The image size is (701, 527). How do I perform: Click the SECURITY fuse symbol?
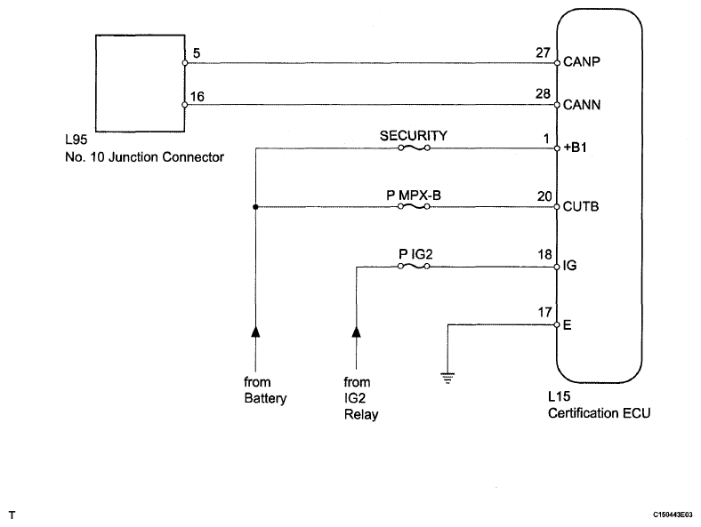tap(414, 148)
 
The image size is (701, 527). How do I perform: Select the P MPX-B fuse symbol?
tap(414, 206)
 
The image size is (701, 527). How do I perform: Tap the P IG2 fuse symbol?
tap(414, 267)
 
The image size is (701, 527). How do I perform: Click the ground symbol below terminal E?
tap(447, 379)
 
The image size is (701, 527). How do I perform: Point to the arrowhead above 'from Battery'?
tap(255, 331)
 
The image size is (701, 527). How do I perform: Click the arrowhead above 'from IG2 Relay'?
tap(357, 331)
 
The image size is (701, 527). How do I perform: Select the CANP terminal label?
tap(582, 61)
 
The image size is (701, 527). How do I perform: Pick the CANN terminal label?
tap(582, 105)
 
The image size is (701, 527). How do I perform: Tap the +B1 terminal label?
tap(576, 148)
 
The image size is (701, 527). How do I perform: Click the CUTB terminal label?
tap(581, 206)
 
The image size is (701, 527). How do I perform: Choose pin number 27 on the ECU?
tap(543, 52)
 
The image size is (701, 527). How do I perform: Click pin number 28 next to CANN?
tap(543, 94)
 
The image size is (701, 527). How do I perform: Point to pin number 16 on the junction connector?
tap(197, 97)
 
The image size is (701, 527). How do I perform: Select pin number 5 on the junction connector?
tap(197, 53)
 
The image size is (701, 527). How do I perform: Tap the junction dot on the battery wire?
tap(255, 207)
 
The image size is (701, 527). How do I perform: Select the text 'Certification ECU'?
tap(599, 413)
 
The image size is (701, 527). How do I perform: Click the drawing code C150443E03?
tap(673, 515)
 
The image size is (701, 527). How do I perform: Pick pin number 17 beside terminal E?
tap(544, 312)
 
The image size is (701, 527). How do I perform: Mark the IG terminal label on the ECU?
tap(569, 266)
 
